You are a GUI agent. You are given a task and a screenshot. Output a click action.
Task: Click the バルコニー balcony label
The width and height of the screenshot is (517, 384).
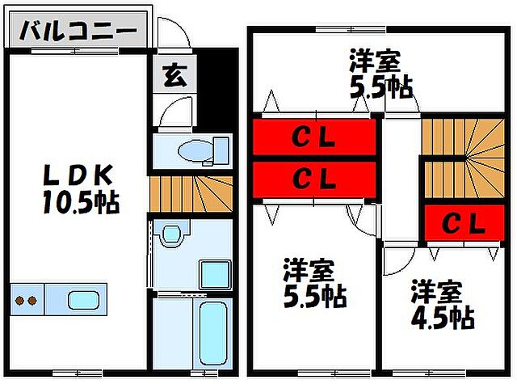click(x=79, y=33)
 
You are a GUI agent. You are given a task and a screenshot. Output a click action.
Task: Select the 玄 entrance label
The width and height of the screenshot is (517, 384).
click(x=172, y=76)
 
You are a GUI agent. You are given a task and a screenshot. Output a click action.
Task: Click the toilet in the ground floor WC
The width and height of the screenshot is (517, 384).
click(x=197, y=150)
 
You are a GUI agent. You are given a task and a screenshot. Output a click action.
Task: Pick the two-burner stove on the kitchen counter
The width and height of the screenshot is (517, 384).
click(x=27, y=301)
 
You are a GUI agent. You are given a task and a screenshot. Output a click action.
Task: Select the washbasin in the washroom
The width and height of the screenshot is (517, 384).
click(x=170, y=235)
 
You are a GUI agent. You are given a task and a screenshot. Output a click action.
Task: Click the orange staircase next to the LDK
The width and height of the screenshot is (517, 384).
click(x=191, y=194)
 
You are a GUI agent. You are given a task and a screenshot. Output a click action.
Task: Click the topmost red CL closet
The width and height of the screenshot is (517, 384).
click(x=314, y=138)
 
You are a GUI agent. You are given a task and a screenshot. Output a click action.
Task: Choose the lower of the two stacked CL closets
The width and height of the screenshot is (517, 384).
click(x=314, y=178)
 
